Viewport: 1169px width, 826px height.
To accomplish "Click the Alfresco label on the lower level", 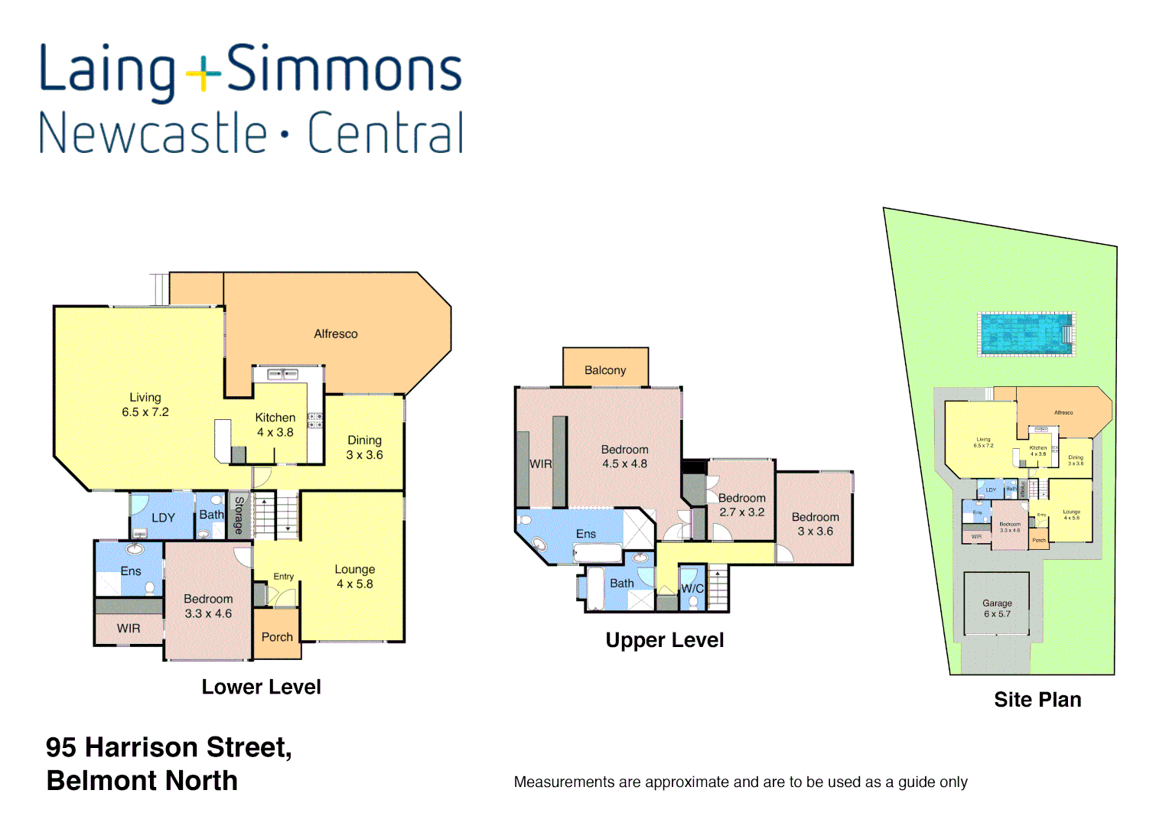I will [336, 334].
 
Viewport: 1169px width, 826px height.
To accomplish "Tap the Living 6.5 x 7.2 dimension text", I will [145, 412].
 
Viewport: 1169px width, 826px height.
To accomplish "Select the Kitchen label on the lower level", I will [275, 418].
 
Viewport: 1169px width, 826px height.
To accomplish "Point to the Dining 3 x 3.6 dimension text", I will [364, 455].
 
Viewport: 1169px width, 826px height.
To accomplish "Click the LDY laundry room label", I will [163, 518].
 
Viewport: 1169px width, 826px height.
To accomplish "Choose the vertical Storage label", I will [239, 515].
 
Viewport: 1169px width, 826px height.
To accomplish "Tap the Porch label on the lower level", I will [277, 637].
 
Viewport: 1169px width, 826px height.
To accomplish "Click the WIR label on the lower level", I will [129, 629].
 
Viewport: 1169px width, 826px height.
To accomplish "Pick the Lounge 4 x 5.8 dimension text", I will [355, 584].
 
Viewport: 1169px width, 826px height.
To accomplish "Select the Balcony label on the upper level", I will [605, 370].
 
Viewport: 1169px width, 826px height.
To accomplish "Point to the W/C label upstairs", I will [692, 588].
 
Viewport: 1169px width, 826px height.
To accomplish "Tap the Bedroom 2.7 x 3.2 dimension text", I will [741, 512].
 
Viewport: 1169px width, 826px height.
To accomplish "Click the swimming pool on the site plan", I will [1027, 334].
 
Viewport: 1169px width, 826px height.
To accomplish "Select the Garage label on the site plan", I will [997, 603].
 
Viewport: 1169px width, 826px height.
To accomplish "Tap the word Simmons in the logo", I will [345, 70].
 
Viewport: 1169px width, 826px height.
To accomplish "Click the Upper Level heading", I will [664, 640].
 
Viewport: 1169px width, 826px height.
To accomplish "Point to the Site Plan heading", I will [1037, 700].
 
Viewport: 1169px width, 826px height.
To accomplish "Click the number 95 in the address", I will [61, 747].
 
